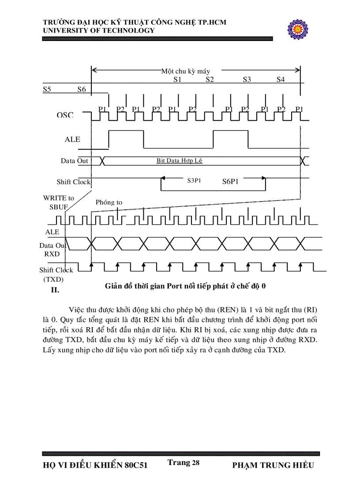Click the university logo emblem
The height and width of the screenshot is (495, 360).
pos(299,30)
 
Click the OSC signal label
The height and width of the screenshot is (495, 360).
pos(65,115)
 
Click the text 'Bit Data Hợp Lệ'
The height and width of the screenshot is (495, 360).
pos(179,161)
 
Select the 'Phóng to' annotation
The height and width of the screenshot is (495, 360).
pos(109,202)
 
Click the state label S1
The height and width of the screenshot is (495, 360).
pos(177,80)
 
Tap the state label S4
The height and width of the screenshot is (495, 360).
pos(281,80)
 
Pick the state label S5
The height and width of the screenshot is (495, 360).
pos(47,89)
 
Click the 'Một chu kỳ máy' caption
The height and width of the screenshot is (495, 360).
pos(185,71)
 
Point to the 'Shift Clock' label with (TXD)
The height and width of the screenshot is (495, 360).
pos(56,270)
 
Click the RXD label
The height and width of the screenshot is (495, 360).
pos(52,254)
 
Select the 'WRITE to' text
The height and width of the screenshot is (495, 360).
pos(59,198)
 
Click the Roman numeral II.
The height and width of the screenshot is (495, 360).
pos(55,290)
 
